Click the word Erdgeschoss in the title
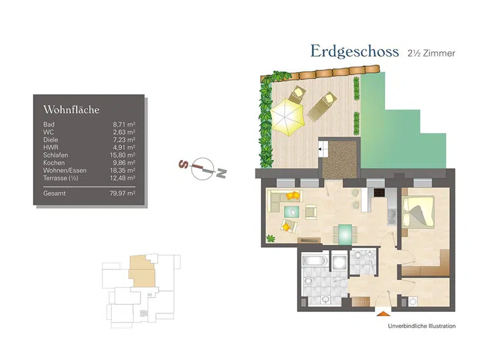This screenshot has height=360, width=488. [x=354, y=51]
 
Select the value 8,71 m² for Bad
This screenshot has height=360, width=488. [x=124, y=124]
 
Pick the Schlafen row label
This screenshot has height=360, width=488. [x=55, y=155]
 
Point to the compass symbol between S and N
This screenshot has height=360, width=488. [x=202, y=167]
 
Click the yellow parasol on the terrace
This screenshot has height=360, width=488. [x=286, y=116]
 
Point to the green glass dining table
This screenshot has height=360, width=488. [x=344, y=233]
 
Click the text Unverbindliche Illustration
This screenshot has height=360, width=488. [x=421, y=326]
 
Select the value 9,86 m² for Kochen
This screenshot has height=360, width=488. [x=124, y=163]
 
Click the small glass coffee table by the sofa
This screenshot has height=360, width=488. [x=293, y=211]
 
